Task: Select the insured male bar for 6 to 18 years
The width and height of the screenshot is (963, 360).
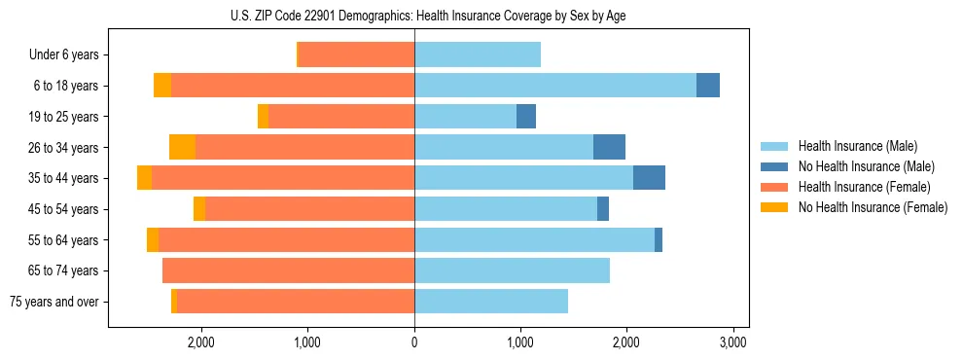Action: pyautogui.click(x=554, y=86)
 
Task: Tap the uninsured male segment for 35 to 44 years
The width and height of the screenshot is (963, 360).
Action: pyautogui.click(x=649, y=178)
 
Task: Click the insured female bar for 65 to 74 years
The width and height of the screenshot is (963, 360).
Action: pyautogui.click(x=288, y=270)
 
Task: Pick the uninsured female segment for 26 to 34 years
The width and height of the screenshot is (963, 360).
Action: pyautogui.click(x=182, y=147)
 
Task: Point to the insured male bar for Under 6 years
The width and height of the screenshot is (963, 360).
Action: pyautogui.click(x=477, y=54)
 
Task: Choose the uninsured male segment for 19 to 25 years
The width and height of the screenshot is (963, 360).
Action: pyautogui.click(x=526, y=117)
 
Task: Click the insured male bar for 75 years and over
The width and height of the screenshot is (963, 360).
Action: pyautogui.click(x=491, y=302)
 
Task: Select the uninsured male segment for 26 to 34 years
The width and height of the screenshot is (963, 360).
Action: pyautogui.click(x=609, y=147)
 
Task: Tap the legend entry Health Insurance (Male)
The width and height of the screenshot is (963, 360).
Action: pyautogui.click(x=857, y=146)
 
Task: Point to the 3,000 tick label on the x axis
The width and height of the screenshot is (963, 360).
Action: pyautogui.click(x=732, y=342)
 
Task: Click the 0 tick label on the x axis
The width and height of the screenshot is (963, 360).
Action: pyautogui.click(x=414, y=342)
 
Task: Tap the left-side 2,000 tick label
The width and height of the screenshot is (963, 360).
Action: pyautogui.click(x=200, y=342)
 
